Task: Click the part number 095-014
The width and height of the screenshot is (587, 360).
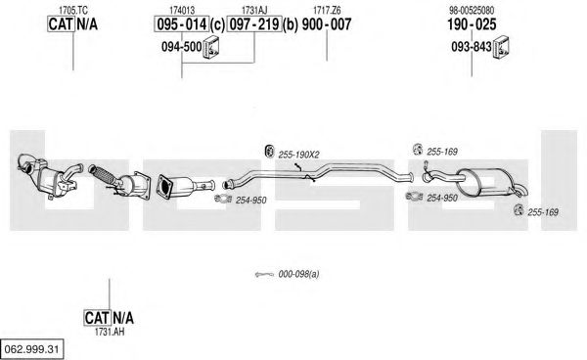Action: (x=182, y=24)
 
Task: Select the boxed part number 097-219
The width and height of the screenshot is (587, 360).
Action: (x=254, y=24)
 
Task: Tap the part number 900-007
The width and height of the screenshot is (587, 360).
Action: (x=327, y=24)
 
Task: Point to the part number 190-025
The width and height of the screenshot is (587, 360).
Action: (x=472, y=24)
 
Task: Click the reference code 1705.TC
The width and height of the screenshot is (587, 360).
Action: (x=73, y=11)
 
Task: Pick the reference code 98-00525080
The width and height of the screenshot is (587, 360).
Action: (x=472, y=11)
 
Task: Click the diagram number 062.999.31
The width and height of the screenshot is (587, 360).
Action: (x=31, y=349)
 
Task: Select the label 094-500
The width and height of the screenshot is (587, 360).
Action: (x=182, y=47)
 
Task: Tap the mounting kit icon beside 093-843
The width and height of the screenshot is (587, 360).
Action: (x=502, y=47)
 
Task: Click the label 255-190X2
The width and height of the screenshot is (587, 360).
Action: (x=298, y=155)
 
